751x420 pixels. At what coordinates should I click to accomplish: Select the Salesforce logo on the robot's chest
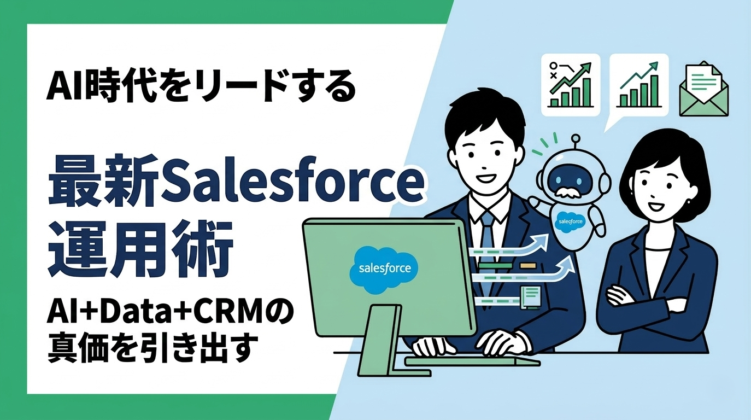tap(570, 221)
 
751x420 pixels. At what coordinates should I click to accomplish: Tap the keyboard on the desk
tap(472, 360)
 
